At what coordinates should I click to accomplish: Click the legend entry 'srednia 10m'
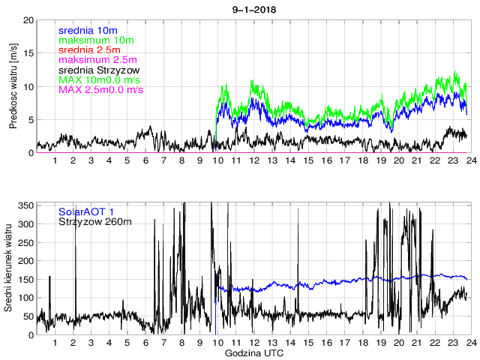(87, 30)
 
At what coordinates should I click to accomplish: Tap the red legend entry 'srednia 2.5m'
(89, 49)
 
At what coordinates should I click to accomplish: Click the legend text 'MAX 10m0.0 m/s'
(100, 79)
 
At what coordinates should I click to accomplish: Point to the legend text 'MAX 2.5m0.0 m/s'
(100, 90)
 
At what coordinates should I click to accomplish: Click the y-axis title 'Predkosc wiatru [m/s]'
(13, 86)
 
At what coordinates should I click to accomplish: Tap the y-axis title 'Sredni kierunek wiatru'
(13, 268)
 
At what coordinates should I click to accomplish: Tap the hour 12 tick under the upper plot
(253, 160)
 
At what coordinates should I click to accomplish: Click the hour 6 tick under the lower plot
(145, 342)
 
